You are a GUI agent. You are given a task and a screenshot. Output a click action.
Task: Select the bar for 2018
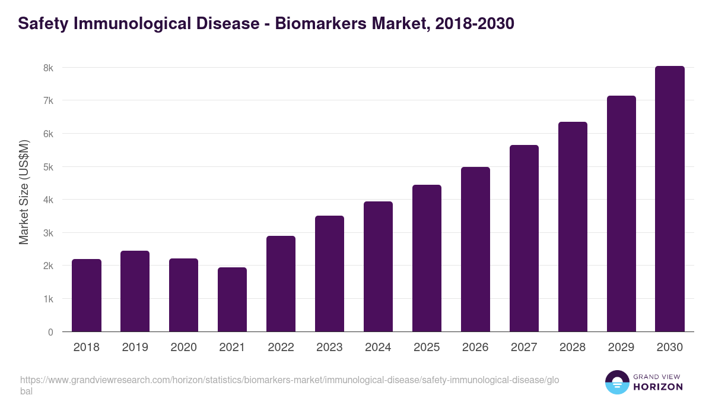coord(87,295)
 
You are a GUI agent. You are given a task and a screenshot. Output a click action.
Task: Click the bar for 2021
coord(232,299)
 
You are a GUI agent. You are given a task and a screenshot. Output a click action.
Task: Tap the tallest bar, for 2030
coord(670,199)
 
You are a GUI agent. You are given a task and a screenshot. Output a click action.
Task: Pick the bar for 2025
coord(427,258)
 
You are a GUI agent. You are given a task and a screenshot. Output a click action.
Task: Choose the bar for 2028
coord(573,227)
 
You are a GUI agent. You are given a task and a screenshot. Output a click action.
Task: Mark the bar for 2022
coord(281,284)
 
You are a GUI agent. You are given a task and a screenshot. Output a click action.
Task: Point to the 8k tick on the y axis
coord(48,68)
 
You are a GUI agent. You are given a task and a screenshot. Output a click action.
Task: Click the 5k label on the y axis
coord(48,167)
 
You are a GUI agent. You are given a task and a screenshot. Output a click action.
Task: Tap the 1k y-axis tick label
coord(48,299)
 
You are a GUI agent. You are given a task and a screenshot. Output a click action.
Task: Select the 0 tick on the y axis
coord(50,332)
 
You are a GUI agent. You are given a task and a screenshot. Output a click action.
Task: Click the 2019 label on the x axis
coord(135,348)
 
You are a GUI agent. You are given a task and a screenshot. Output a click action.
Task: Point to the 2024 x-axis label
coord(378,348)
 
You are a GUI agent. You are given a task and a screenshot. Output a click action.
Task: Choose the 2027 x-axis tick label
coord(524,348)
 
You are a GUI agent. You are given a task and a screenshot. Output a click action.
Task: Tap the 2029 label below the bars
coord(621,348)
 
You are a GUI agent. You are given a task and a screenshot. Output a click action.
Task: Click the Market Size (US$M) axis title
coord(24,192)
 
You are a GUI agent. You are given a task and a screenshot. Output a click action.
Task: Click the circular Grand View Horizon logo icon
coord(617,382)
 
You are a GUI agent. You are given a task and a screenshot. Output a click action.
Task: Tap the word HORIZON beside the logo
coord(657,387)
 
